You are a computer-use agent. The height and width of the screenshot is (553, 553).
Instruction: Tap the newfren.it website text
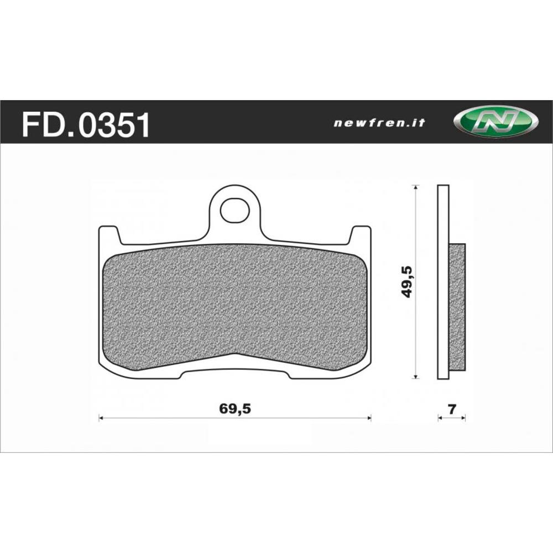[x=379, y=123]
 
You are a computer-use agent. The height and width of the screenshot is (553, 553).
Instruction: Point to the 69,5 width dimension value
[x=235, y=409]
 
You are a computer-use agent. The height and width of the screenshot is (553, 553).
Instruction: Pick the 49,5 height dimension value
[x=408, y=281]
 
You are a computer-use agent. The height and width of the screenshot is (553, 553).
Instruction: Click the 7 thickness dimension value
[x=452, y=409]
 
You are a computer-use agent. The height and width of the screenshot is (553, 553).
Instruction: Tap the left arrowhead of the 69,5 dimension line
[x=101, y=418]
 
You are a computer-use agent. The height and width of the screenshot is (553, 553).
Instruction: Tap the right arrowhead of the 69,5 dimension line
[x=369, y=418]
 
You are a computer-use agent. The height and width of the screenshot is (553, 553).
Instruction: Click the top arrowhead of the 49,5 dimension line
[x=416, y=187]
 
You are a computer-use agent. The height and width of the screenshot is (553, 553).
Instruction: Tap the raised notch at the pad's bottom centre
[x=235, y=362]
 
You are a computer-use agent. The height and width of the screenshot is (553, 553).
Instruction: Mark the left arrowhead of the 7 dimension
[x=440, y=418]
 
